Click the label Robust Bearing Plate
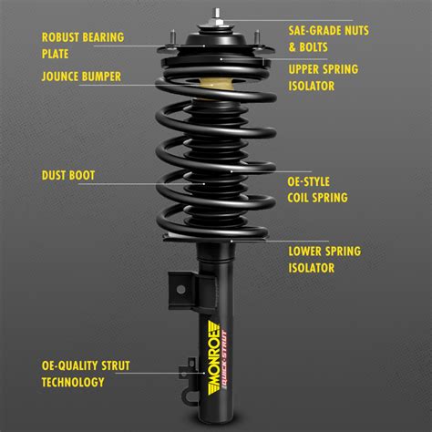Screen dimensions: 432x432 click(x=82, y=46)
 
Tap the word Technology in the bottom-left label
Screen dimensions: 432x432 click(x=74, y=382)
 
